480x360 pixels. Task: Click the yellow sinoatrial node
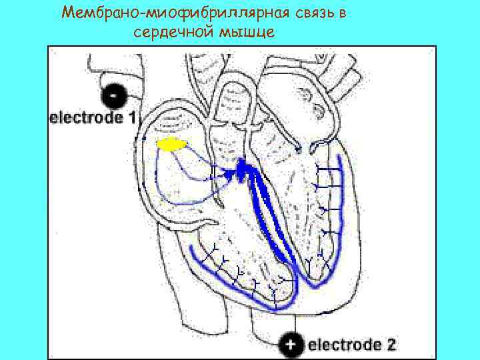tap(171, 144)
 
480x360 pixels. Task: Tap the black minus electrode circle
tap(117, 98)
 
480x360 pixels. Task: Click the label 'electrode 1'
tap(93, 118)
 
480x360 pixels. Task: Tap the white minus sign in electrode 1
tap(117, 97)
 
